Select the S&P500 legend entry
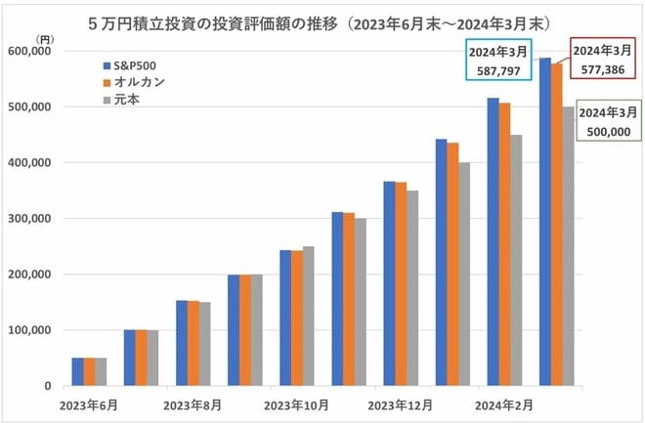[127, 65]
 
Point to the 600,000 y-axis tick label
[32, 52]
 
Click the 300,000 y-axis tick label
[32, 219]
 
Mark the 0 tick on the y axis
[47, 386]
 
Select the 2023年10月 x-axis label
[295, 403]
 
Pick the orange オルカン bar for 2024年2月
[504, 244]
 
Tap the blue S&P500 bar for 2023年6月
[77, 372]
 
